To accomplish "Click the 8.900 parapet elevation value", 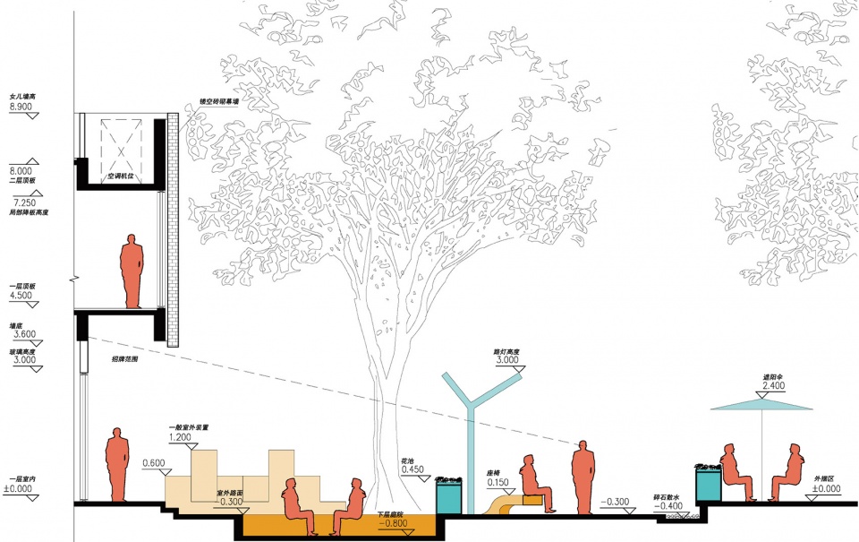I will [21, 106].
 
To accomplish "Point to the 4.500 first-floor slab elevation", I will [21, 295].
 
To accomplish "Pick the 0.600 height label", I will [154, 463].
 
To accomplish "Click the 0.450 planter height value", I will [412, 469].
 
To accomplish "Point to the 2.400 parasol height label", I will [774, 387].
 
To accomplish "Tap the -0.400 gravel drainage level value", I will [668, 506].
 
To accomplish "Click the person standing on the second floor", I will [132, 271].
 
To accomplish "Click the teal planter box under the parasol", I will [709, 484].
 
